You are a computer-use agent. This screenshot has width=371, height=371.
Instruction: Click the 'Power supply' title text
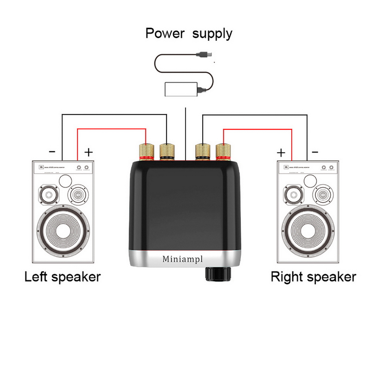pyautogui.click(x=189, y=33)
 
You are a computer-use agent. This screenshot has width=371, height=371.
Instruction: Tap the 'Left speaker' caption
pyautogui.click(x=62, y=277)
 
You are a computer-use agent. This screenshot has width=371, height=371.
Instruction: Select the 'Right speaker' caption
pyautogui.click(x=313, y=277)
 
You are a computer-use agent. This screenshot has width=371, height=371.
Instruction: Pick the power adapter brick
pyautogui.click(x=181, y=89)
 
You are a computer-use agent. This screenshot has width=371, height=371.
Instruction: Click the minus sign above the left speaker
pyautogui.click(x=52, y=152)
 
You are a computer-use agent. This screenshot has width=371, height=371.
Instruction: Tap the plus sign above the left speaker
pyautogui.click(x=89, y=152)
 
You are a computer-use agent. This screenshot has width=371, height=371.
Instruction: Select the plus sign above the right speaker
pyautogui.click(x=281, y=152)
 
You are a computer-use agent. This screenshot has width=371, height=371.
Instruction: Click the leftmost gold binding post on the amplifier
pyautogui.click(x=146, y=151)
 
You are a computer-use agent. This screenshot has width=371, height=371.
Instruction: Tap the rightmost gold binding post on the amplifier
pyautogui.click(x=224, y=151)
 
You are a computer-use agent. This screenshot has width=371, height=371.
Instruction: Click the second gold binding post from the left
pyautogui.click(x=166, y=151)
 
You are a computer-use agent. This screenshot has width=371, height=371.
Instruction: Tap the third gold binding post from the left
pyautogui.click(x=203, y=151)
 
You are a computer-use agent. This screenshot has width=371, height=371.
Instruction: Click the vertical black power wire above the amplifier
pyautogui.click(x=185, y=132)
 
